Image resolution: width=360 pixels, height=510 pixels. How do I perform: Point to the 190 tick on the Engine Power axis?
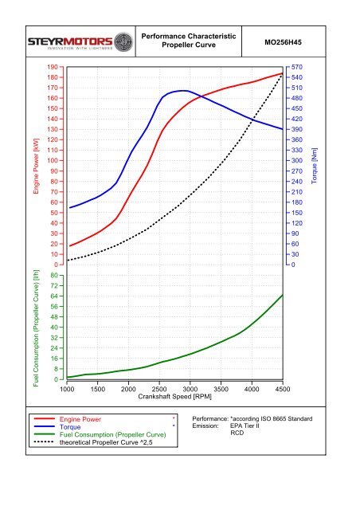pyautogui.click(x=53, y=68)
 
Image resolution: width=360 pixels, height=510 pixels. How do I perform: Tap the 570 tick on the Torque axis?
pyautogui.click(x=296, y=68)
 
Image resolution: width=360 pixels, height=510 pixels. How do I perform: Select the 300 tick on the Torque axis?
pyautogui.click(x=296, y=161)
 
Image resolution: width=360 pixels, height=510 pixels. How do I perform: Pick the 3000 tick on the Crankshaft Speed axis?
pyautogui.click(x=190, y=389)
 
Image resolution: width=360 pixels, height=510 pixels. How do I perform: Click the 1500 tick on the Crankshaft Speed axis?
pyautogui.click(x=97, y=389)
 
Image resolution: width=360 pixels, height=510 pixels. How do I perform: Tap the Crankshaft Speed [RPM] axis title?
pyautogui.click(x=174, y=396)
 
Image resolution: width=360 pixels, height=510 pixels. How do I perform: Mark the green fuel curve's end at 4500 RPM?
pyautogui.click(x=282, y=295)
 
